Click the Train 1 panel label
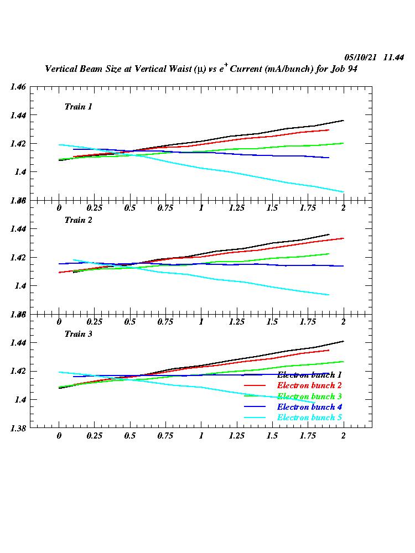pos(78,107)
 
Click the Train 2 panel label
pos(78,220)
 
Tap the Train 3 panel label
pos(78,334)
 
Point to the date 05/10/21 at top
pos(361,58)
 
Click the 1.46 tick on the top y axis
pos(18,87)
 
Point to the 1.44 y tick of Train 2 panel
pos(18,229)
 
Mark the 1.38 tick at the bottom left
pos(18,427)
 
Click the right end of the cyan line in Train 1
pos(344,192)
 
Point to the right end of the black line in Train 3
pos(344,341)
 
